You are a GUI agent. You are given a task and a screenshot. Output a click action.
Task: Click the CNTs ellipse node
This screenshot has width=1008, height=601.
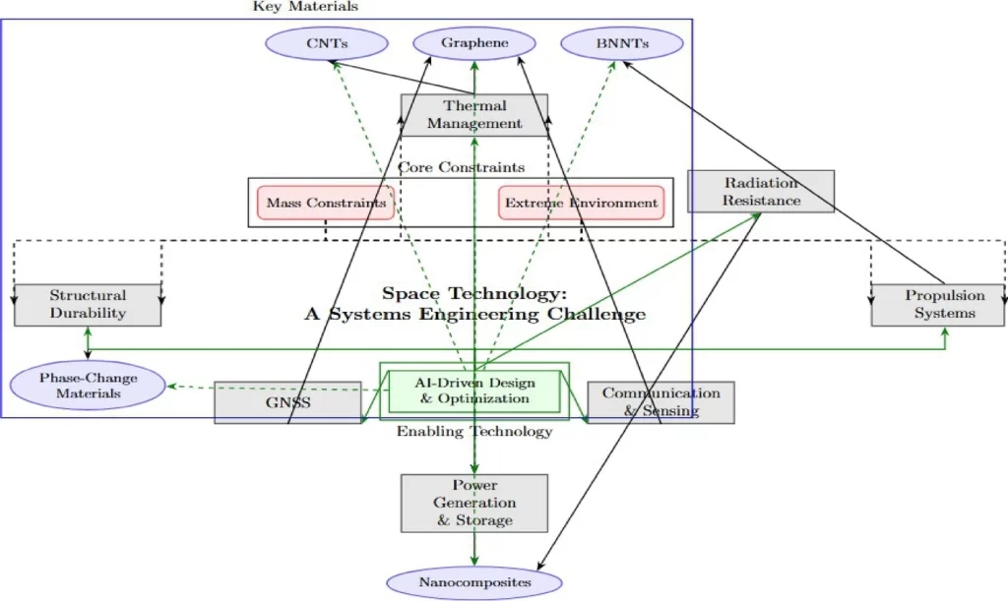[327, 43]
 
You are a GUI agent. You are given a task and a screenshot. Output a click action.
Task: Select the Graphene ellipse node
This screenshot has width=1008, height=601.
[474, 43]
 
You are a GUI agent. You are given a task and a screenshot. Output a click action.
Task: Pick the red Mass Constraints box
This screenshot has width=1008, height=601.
[326, 203]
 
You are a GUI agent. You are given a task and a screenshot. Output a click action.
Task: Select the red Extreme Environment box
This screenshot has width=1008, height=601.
[581, 203]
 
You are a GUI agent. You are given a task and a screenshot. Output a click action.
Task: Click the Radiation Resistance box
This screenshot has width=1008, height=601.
[761, 191]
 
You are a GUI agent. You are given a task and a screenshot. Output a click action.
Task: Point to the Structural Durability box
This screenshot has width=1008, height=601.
[88, 305]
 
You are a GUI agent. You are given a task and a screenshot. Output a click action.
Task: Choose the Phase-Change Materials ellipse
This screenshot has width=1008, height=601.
[88, 386]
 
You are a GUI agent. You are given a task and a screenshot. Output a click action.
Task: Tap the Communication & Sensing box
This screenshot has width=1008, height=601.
[661, 401]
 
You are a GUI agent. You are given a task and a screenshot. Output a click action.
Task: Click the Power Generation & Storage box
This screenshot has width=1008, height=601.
[474, 503]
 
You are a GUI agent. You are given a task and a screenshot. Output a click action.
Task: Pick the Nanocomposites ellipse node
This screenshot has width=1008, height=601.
[474, 582]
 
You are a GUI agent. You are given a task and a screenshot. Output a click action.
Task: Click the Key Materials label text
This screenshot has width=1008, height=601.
[305, 7]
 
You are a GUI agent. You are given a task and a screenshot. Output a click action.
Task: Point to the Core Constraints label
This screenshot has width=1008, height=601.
[461, 167]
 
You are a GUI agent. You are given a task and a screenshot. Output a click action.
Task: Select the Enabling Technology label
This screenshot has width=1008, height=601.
[473, 432]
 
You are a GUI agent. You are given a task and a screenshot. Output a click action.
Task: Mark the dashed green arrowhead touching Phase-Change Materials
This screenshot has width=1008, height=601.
[171, 387]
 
